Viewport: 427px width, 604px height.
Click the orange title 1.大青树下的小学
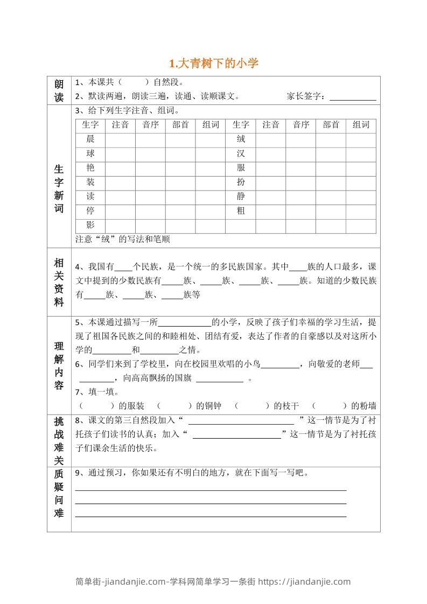point(214,64)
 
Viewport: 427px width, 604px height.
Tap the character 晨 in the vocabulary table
point(90,139)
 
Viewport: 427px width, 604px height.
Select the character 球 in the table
point(90,153)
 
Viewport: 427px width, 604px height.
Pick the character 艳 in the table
point(90,168)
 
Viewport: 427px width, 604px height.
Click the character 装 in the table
point(90,182)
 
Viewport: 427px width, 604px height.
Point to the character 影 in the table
point(90,226)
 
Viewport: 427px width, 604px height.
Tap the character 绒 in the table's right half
point(241,139)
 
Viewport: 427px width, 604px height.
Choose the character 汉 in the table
point(241,153)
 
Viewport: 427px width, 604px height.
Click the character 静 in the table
point(241,196)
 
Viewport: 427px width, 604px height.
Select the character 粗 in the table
point(241,211)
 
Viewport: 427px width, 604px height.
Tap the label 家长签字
point(306,96)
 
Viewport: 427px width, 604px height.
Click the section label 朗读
point(59,90)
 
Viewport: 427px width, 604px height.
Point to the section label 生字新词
point(59,188)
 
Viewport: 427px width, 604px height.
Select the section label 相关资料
point(59,282)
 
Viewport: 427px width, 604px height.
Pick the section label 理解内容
point(59,364)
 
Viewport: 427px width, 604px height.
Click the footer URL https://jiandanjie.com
point(304,581)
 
